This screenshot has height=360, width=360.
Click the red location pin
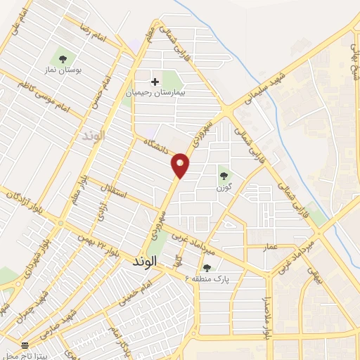[x=181, y=164]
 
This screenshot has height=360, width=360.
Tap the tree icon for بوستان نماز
[x=63, y=59]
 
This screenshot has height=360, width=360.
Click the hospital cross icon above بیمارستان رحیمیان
[x=155, y=82]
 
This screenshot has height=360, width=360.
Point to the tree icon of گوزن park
[x=224, y=175]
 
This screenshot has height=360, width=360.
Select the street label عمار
[x=272, y=247]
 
